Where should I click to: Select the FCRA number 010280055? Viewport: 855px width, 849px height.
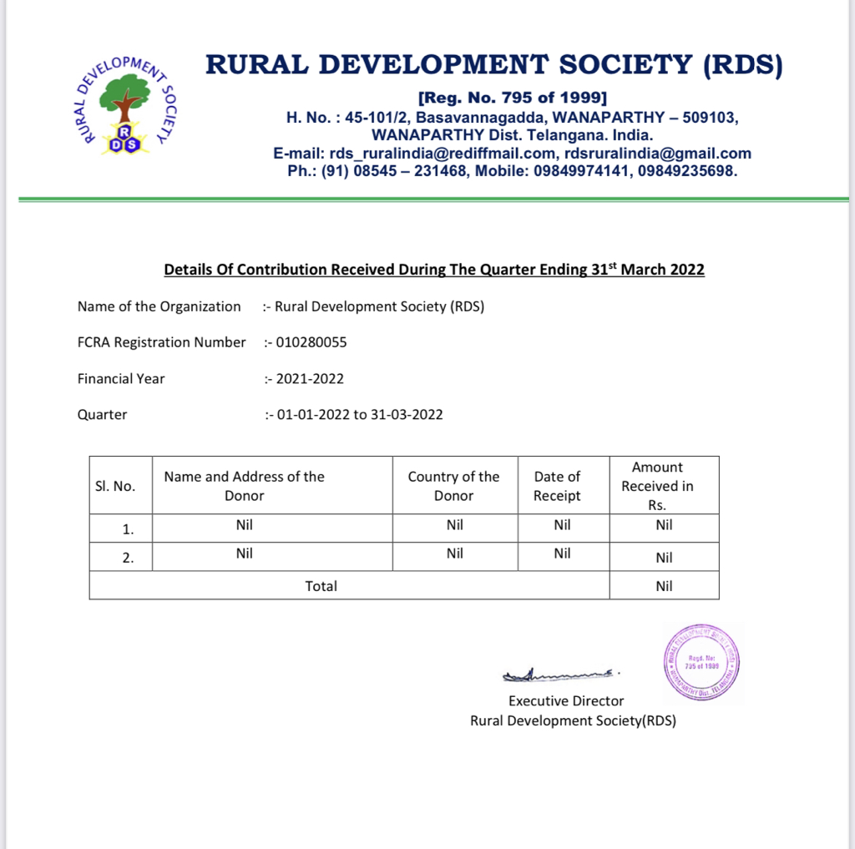pyautogui.click(x=311, y=342)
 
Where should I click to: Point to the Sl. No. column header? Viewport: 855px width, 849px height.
pyautogui.click(x=115, y=486)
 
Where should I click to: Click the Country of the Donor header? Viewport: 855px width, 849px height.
pyautogui.click(x=453, y=486)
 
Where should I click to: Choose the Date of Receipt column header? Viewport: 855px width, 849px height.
pyautogui.click(x=557, y=486)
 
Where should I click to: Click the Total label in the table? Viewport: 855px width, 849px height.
pyautogui.click(x=321, y=586)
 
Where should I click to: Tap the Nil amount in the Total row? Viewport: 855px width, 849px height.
pyautogui.click(x=664, y=586)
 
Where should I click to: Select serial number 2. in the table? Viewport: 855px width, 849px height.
pyautogui.click(x=128, y=558)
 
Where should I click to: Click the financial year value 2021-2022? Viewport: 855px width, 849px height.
pyautogui.click(x=310, y=378)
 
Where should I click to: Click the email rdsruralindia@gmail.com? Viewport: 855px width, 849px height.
pyautogui.click(x=658, y=154)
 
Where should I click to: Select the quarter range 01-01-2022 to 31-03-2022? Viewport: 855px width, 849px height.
pyautogui.click(x=359, y=414)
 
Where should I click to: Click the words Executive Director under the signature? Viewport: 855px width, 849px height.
pyautogui.click(x=566, y=701)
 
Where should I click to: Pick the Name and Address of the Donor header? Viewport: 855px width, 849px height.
pyautogui.click(x=244, y=486)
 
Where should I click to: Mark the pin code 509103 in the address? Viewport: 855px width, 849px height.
pyautogui.click(x=709, y=118)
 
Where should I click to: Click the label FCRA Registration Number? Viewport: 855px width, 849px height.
pyautogui.click(x=162, y=342)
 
